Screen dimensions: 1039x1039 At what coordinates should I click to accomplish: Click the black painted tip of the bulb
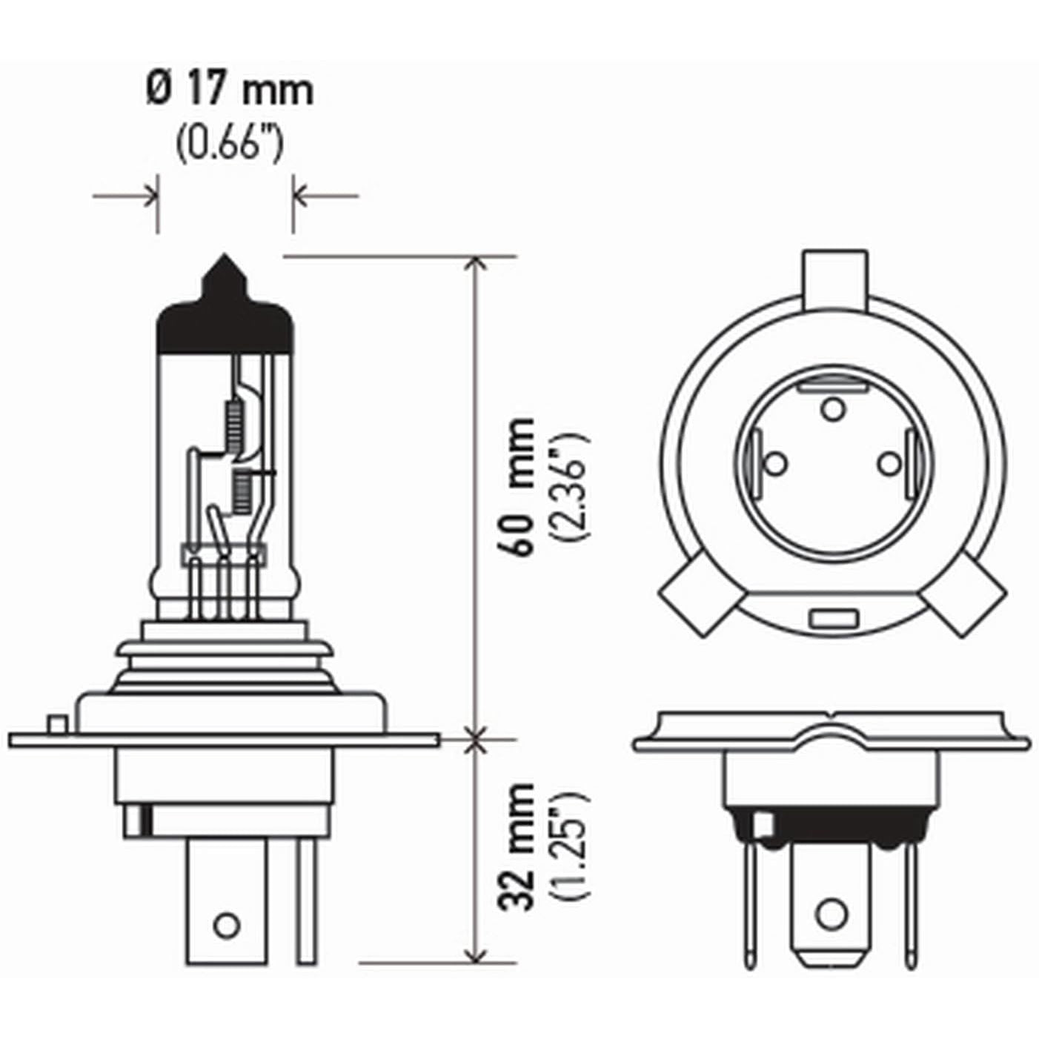click(x=225, y=310)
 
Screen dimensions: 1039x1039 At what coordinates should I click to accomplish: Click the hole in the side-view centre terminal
click(x=227, y=926)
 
